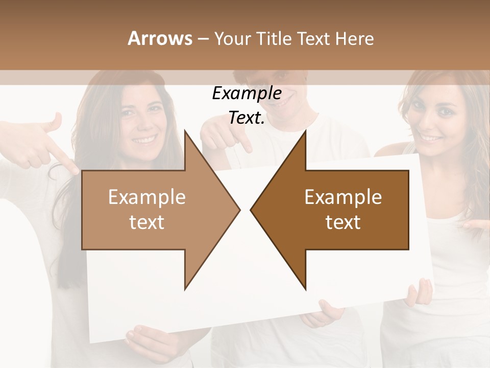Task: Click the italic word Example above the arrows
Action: pyautogui.click(x=247, y=94)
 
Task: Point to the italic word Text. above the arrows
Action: pyautogui.click(x=247, y=118)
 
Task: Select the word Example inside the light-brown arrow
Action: pyautogui.click(x=147, y=197)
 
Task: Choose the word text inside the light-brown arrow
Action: pyautogui.click(x=147, y=222)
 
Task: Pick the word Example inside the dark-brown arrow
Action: pyautogui.click(x=343, y=197)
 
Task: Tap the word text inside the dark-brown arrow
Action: pyautogui.click(x=343, y=222)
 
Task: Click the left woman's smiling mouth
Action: pyautogui.click(x=144, y=139)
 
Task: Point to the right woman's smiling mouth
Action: pyautogui.click(x=431, y=138)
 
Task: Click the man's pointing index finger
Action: pyautogui.click(x=245, y=143)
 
